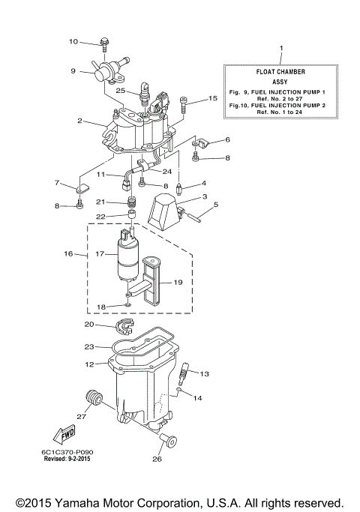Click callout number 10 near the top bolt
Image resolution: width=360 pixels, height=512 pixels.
tap(73, 41)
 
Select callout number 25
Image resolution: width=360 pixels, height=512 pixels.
tap(120, 90)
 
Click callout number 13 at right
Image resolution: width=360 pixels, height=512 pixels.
tap(205, 373)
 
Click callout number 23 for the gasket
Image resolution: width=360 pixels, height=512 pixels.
tap(90, 347)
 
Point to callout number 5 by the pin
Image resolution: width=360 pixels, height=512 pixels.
tap(216, 204)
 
